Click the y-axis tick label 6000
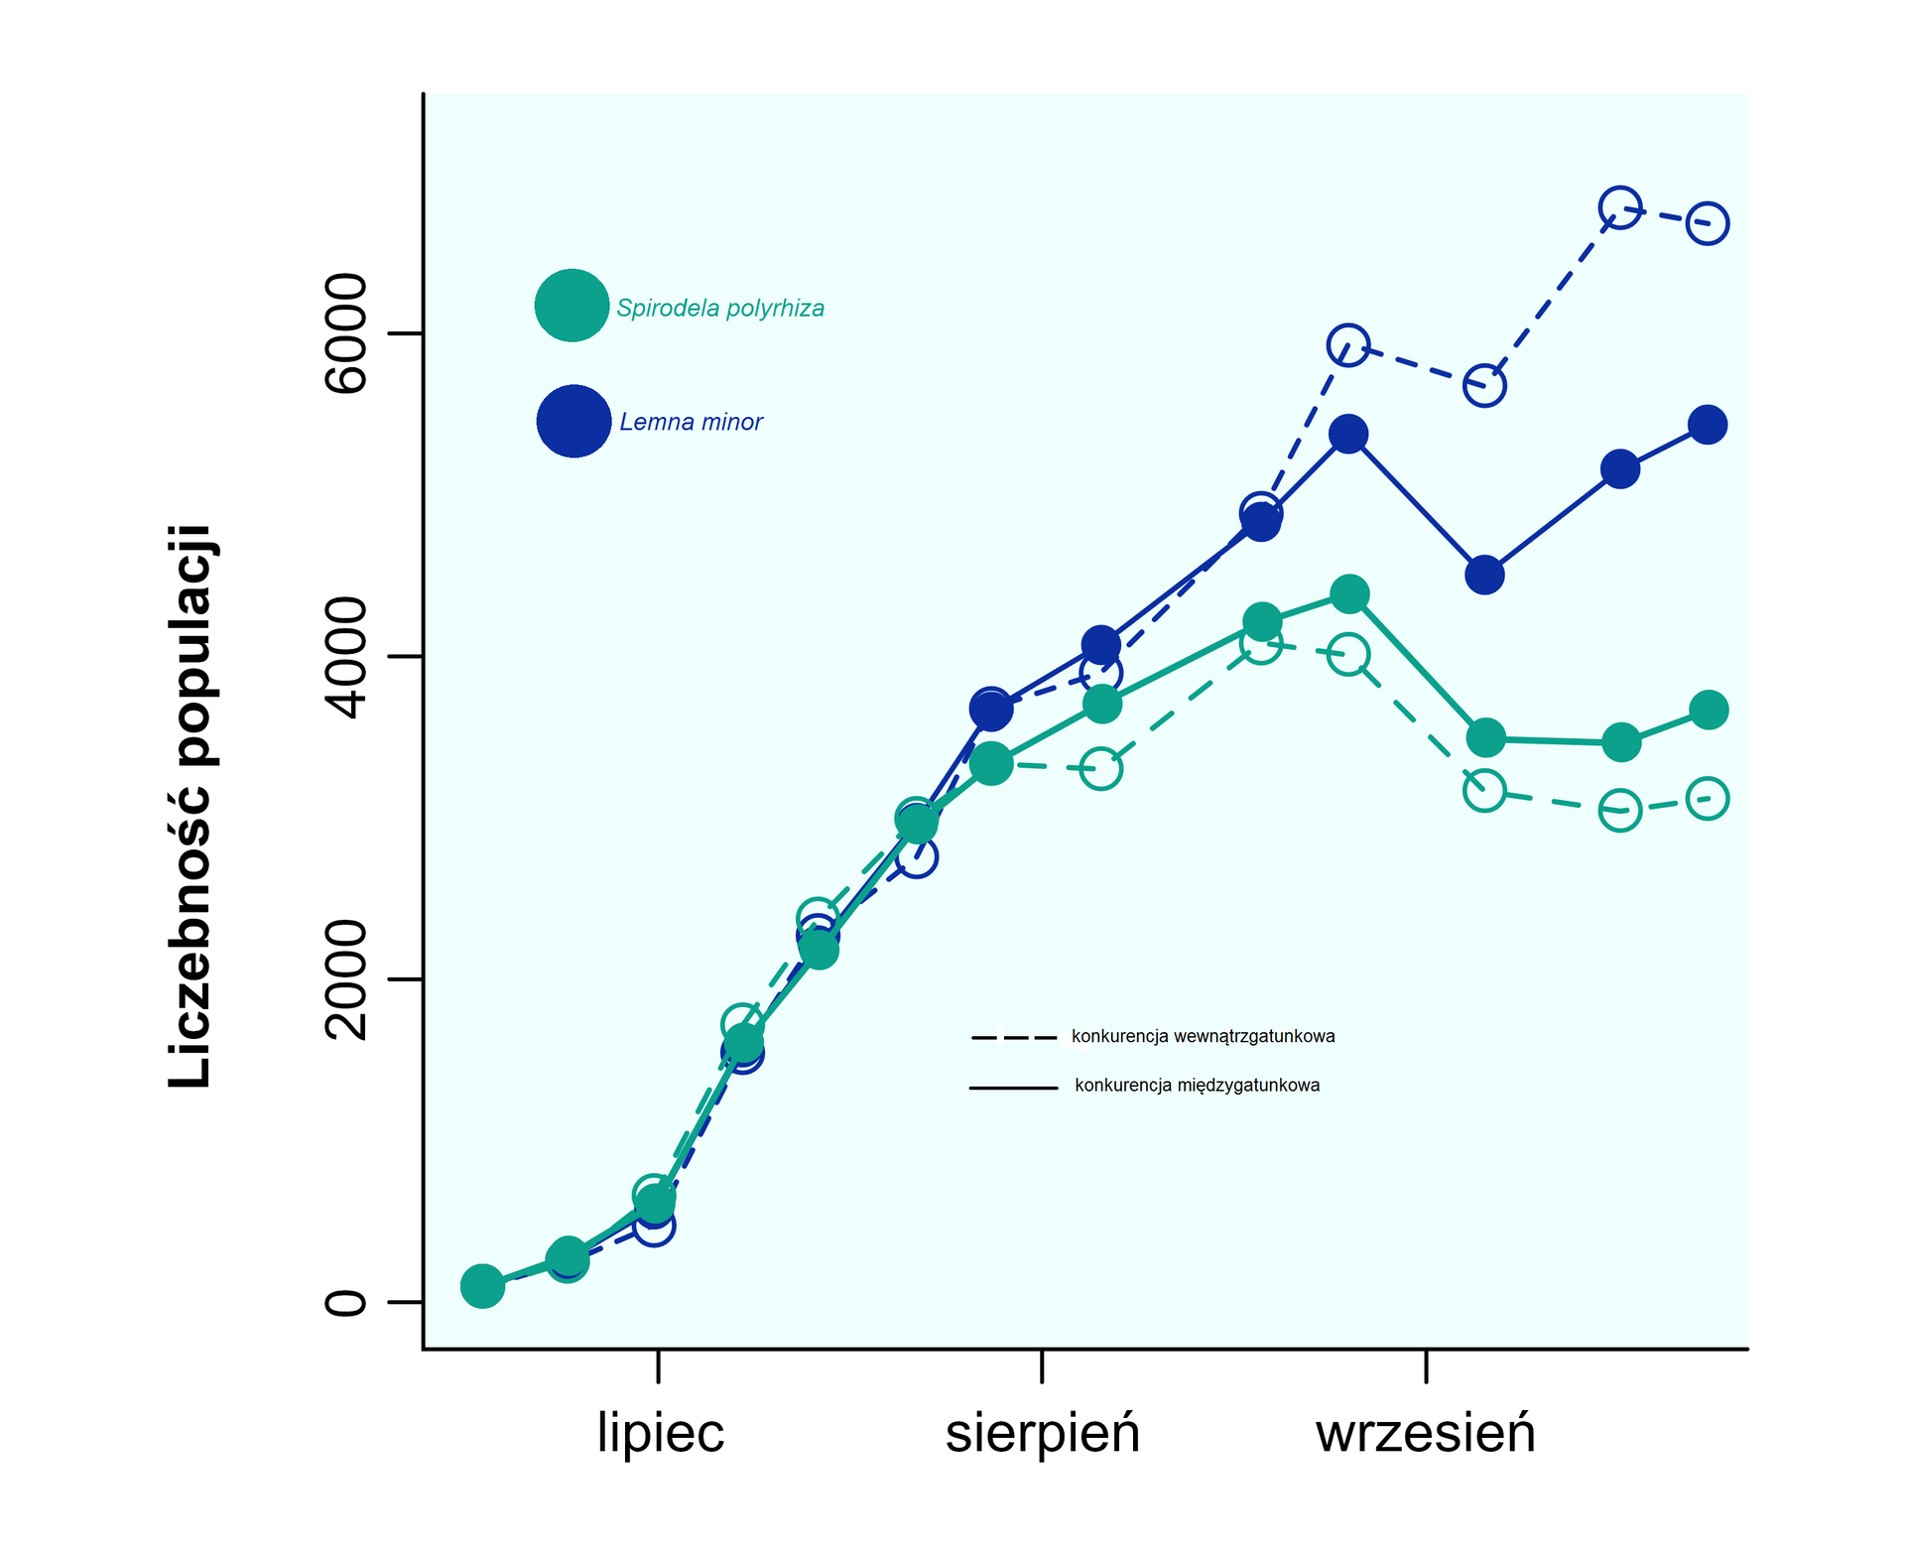click(x=345, y=333)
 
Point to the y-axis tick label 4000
click(x=345, y=657)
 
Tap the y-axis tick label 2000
click(x=345, y=979)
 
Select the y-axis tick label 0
click(x=345, y=1302)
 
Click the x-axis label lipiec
click(x=661, y=1433)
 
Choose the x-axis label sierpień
click(x=1043, y=1433)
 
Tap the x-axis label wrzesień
click(x=1426, y=1433)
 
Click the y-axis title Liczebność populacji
click(x=190, y=806)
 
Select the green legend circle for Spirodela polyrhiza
click(x=571, y=306)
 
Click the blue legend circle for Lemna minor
click(x=573, y=421)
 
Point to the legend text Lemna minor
click(x=691, y=422)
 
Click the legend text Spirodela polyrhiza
click(x=720, y=309)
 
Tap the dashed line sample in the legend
click(x=1014, y=1038)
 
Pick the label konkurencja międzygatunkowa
click(x=1197, y=1086)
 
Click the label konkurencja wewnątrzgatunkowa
click(x=1203, y=1037)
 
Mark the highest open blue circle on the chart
click(x=1619, y=207)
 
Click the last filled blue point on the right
click(x=1708, y=425)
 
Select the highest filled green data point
click(x=1349, y=594)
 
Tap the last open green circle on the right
click(x=1708, y=798)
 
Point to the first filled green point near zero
click(x=482, y=1286)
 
